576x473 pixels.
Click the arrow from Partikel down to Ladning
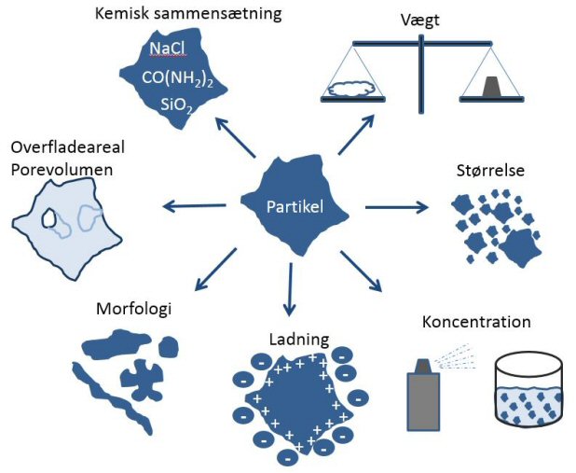click(290, 289)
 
